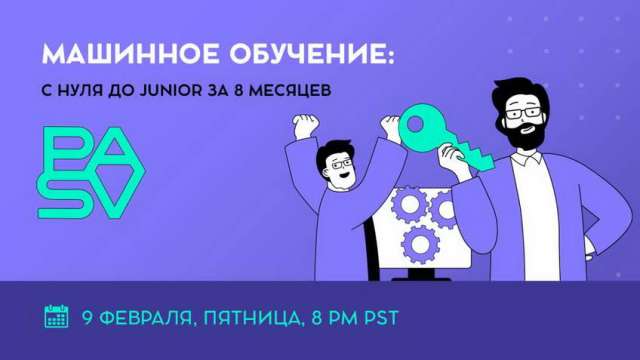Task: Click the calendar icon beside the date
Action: (x=57, y=317)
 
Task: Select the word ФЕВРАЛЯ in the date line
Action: (x=146, y=319)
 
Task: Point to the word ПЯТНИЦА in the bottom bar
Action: (x=251, y=319)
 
